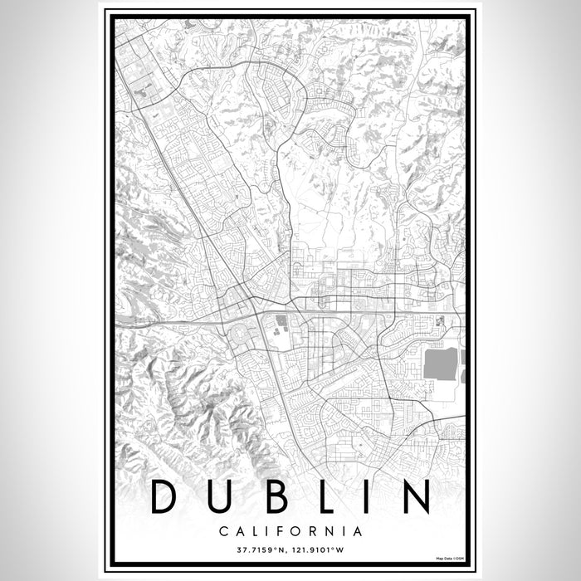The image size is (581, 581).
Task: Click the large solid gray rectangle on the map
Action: click(x=440, y=364)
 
